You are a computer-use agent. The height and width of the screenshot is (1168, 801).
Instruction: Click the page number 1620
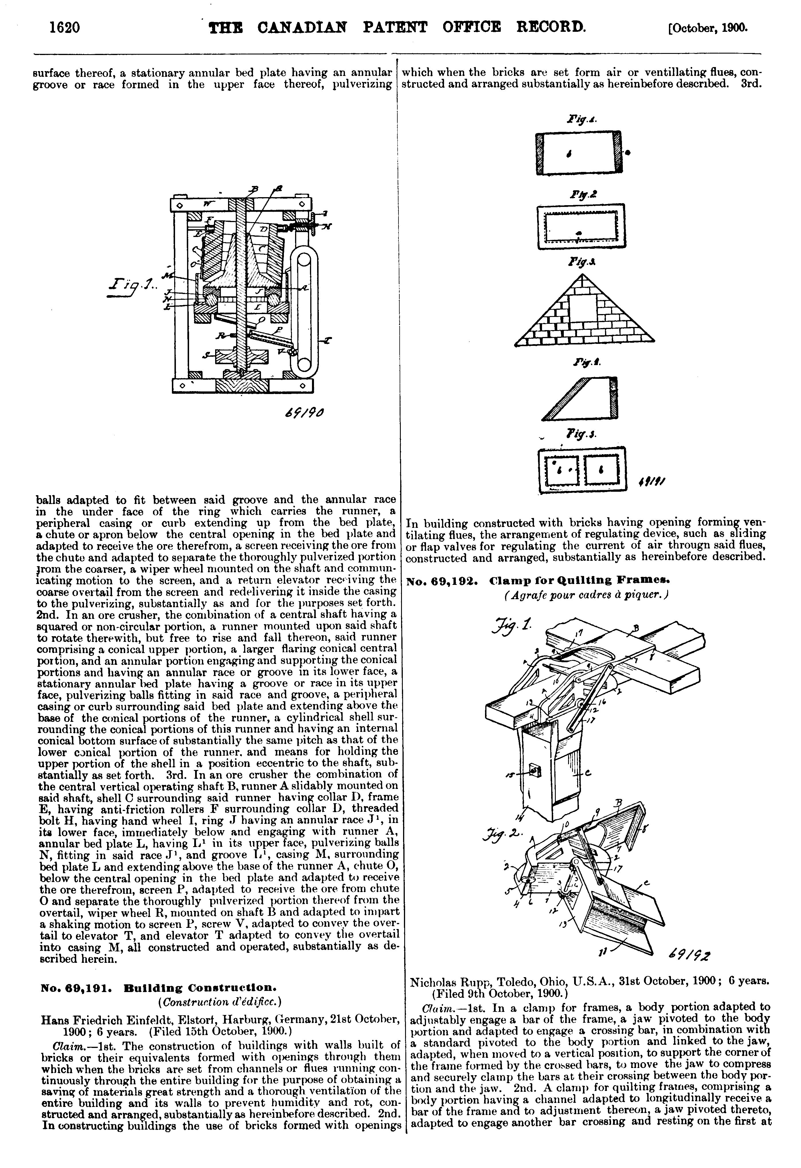click(65, 27)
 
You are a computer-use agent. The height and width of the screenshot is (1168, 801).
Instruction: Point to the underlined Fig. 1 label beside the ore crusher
click(126, 291)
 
